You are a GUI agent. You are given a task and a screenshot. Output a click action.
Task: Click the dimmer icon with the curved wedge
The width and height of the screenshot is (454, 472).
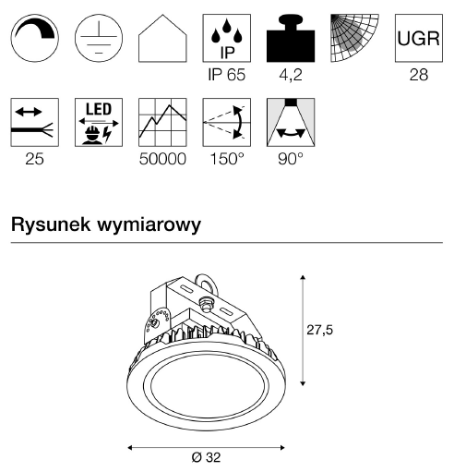34,38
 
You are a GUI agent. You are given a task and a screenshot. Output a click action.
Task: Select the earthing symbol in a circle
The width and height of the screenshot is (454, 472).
99,38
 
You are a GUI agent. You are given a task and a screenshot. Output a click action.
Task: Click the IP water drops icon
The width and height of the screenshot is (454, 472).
227,38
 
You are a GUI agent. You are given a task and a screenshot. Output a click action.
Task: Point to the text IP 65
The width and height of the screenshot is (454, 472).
227,75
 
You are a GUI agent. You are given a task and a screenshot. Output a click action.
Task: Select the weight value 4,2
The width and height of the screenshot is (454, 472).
291,75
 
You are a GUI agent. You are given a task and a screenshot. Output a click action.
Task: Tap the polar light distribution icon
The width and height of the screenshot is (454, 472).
354,38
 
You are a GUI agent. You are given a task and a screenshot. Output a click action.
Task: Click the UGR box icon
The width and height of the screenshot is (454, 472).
419,38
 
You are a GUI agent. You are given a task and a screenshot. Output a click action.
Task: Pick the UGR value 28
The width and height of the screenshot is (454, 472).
419,75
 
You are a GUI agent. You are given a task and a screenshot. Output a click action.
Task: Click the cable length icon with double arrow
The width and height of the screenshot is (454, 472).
34,122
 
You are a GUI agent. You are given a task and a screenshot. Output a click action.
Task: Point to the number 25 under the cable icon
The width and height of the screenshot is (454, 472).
34,159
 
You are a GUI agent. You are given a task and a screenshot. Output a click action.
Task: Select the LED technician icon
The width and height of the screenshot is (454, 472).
99,122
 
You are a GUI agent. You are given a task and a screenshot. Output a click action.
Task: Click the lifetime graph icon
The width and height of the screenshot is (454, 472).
162,122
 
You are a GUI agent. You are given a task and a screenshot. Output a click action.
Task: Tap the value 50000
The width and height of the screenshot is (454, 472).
162,159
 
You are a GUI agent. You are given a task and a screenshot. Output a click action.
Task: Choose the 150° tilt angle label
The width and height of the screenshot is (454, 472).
227,159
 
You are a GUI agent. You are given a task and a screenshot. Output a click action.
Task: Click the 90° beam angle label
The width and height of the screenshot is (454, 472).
291,159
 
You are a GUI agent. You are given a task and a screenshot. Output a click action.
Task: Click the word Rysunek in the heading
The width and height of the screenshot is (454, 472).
51,224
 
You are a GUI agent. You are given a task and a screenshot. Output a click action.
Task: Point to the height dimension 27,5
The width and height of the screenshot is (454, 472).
319,330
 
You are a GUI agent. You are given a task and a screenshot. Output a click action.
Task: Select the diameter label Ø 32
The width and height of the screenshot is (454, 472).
206,457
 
